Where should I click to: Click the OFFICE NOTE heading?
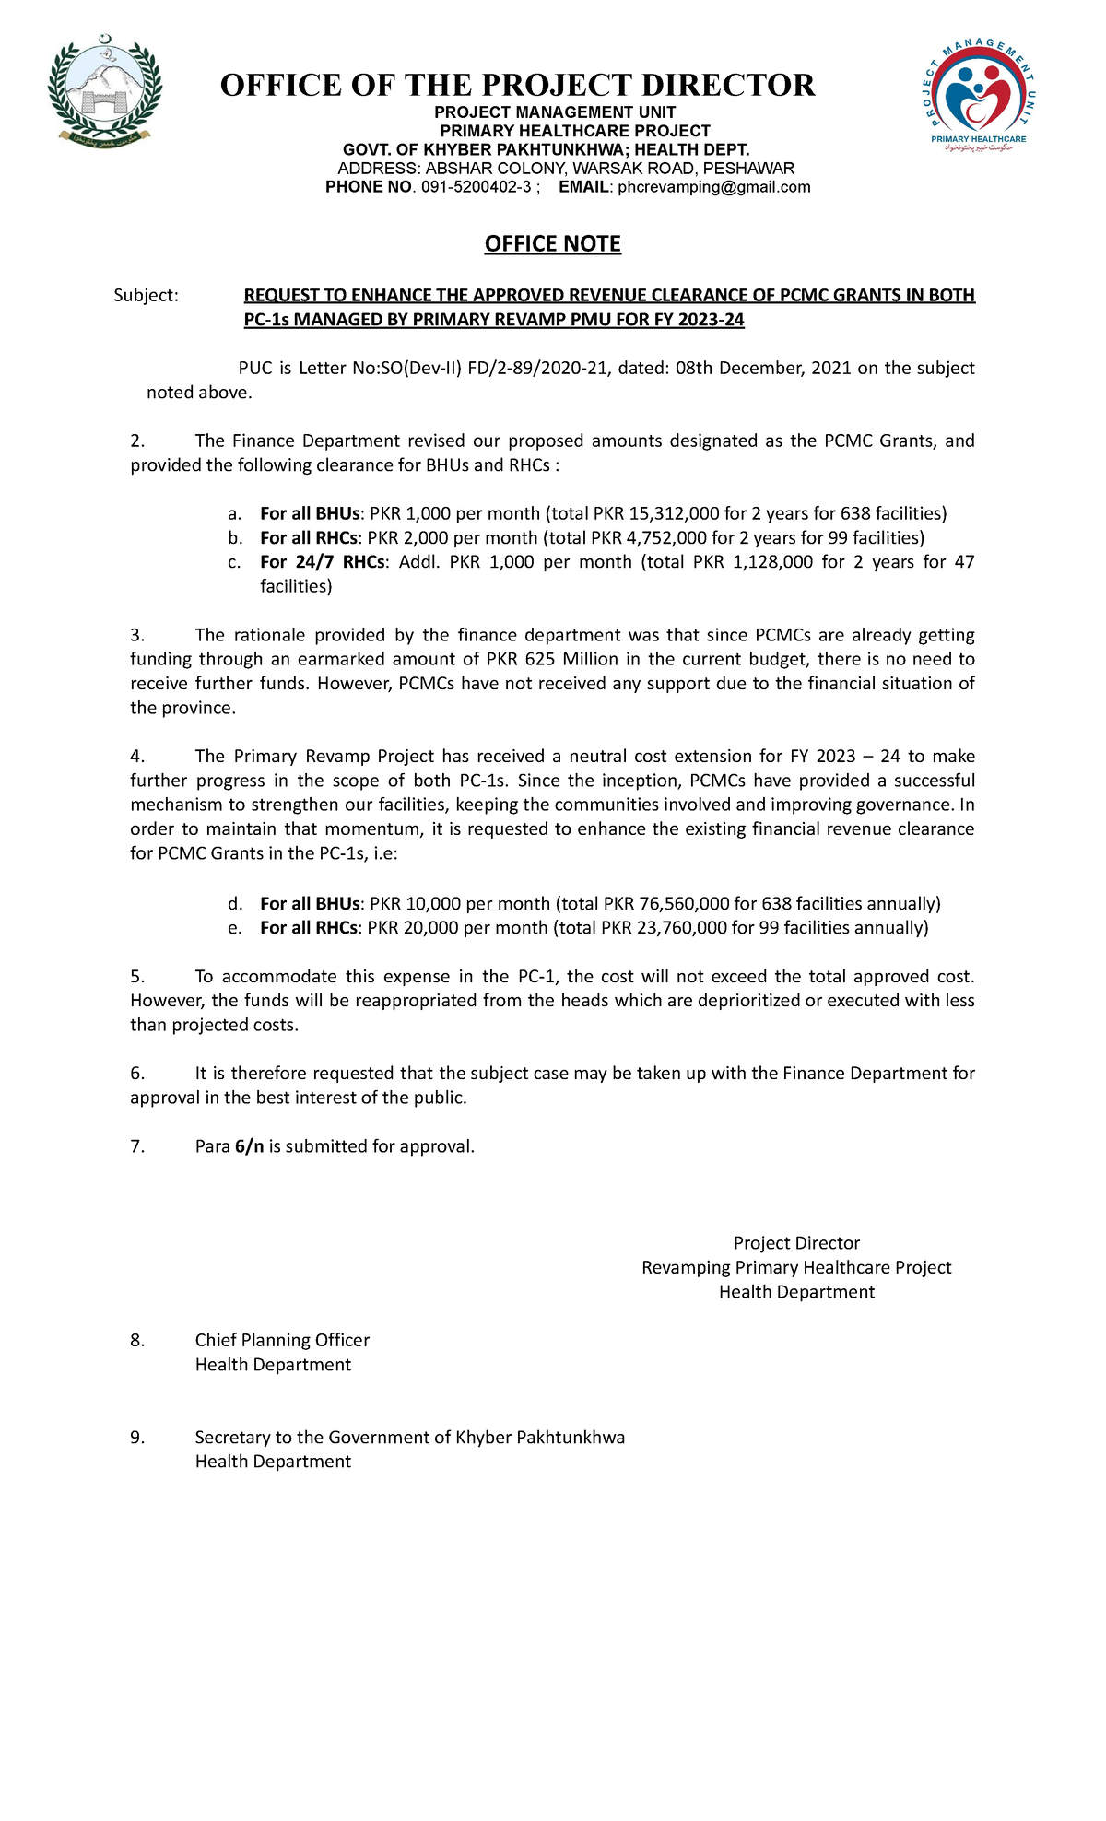point(552,243)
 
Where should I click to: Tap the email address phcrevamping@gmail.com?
point(713,187)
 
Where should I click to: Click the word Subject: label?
point(145,295)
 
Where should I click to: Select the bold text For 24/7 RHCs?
point(322,562)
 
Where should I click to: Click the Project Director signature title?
point(796,1243)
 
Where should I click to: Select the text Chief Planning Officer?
point(282,1340)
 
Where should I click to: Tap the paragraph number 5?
point(137,976)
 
